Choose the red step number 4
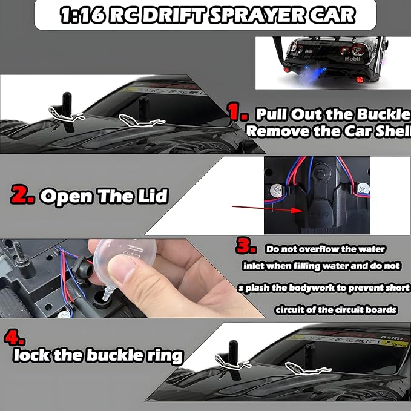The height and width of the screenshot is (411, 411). pos(13,337)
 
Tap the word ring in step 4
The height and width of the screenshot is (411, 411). pos(163,355)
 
